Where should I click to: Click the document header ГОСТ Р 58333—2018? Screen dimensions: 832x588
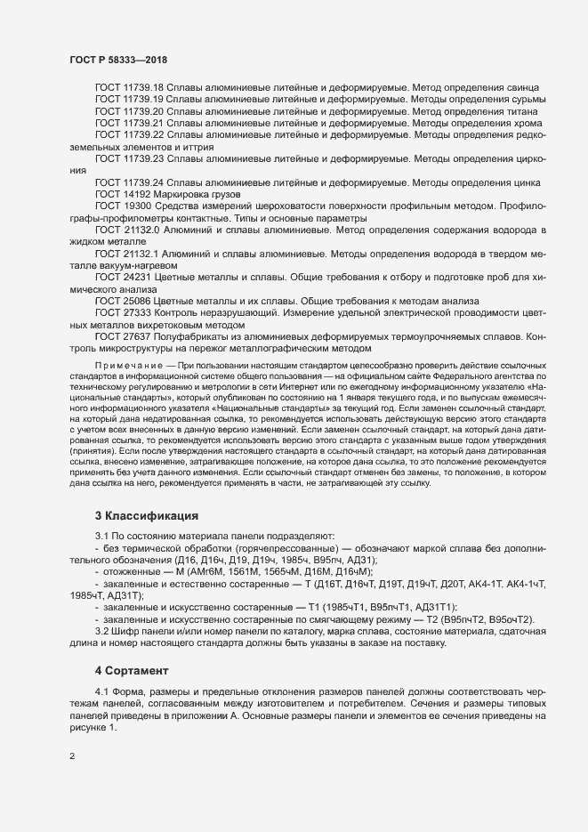(x=118, y=60)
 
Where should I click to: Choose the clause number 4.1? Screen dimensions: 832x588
(x=102, y=692)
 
